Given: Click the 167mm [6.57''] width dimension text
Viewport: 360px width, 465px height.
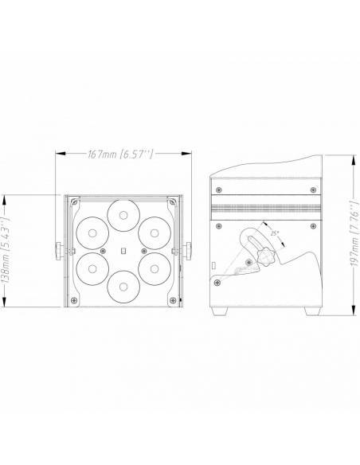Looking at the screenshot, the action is pyautogui.click(x=121, y=154).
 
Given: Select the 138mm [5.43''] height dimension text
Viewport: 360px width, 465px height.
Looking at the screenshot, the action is pyautogui.click(x=6, y=251).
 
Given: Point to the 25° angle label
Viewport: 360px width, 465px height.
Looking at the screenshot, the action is pyautogui.click(x=275, y=233).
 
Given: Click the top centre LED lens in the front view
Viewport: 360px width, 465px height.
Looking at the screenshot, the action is pyautogui.click(x=123, y=215).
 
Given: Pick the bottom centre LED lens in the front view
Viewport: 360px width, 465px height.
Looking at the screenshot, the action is pyautogui.click(x=123, y=287).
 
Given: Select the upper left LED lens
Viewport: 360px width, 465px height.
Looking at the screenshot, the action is pyautogui.click(x=92, y=233).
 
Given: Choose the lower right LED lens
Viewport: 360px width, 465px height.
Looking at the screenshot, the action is pyautogui.click(x=155, y=269).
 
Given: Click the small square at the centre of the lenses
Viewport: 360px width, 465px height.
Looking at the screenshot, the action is pyautogui.click(x=123, y=251).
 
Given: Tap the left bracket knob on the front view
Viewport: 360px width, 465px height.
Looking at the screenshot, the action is pyautogui.click(x=59, y=251).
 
